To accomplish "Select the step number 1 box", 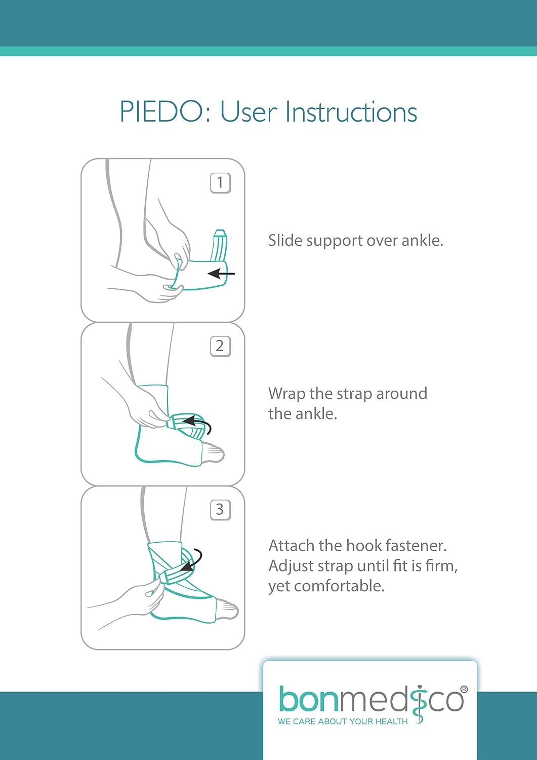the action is pyautogui.click(x=220, y=183).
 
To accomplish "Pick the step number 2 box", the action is pyautogui.click(x=220, y=347).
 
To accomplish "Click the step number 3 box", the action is pyautogui.click(x=220, y=510).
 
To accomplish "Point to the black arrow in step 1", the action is pyautogui.click(x=221, y=274).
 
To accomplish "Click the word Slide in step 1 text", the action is pyautogui.click(x=285, y=240).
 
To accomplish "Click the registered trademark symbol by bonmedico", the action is pyautogui.click(x=464, y=690).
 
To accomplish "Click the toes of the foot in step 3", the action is pyautogui.click(x=227, y=611).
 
